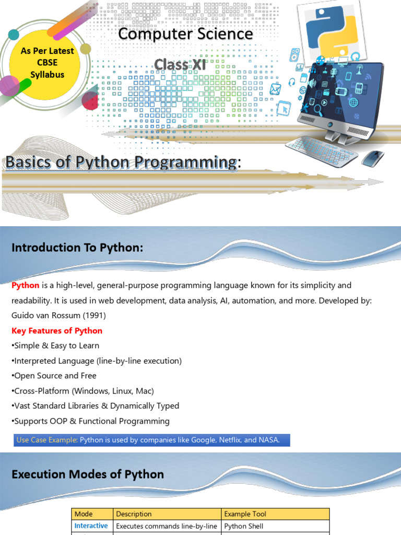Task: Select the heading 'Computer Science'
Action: pos(185,34)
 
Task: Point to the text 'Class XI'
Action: pos(180,65)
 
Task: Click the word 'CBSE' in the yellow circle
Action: pos(47,63)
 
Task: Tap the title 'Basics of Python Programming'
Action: pos(121,162)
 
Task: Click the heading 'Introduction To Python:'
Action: pos(77,248)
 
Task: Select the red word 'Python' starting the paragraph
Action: pos(26,285)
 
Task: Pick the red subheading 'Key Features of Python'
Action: pos(57,331)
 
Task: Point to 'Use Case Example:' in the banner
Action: pos(47,439)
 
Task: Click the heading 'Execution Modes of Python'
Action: pos(88,474)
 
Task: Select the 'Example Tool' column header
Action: pos(245,514)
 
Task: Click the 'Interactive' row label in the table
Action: pos(91,526)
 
